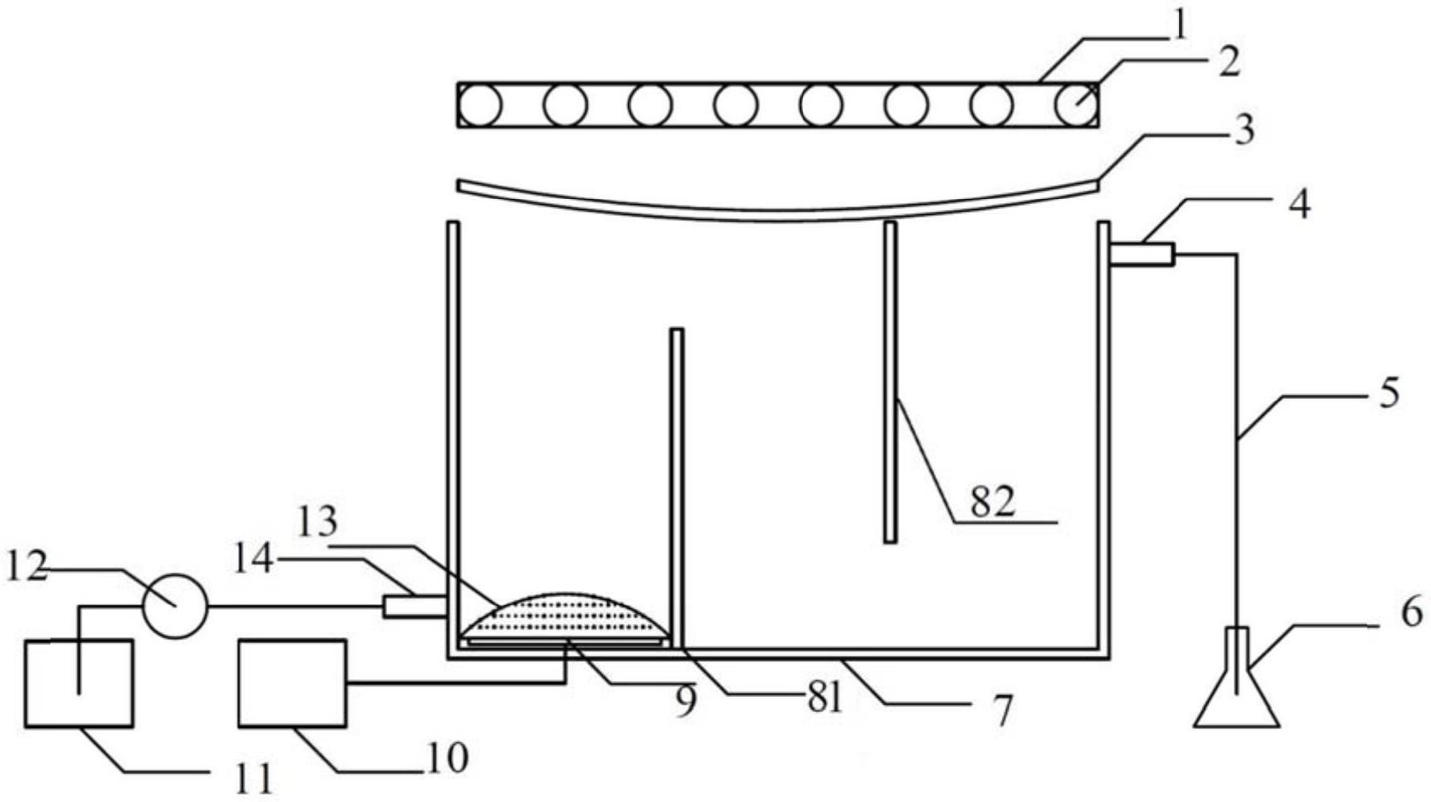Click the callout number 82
click(993, 502)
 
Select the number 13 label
click(317, 522)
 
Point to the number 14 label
click(254, 560)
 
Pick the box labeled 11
click(79, 683)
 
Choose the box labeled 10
click(292, 683)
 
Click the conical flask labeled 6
click(1238, 678)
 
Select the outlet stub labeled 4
click(1142, 254)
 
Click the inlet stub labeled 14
click(415, 605)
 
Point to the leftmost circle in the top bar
click(480, 105)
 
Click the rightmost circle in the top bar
click(1077, 105)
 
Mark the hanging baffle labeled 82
click(890, 382)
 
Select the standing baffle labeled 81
click(677, 488)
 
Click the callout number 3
click(1244, 129)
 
